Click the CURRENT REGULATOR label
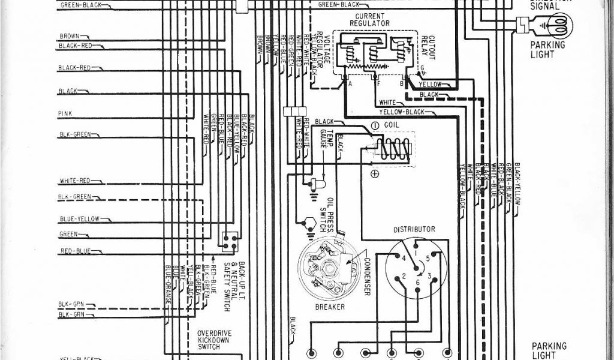[370, 19]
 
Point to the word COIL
[392, 126]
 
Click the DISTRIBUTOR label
[414, 229]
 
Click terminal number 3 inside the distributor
[429, 276]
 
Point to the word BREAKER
[329, 307]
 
